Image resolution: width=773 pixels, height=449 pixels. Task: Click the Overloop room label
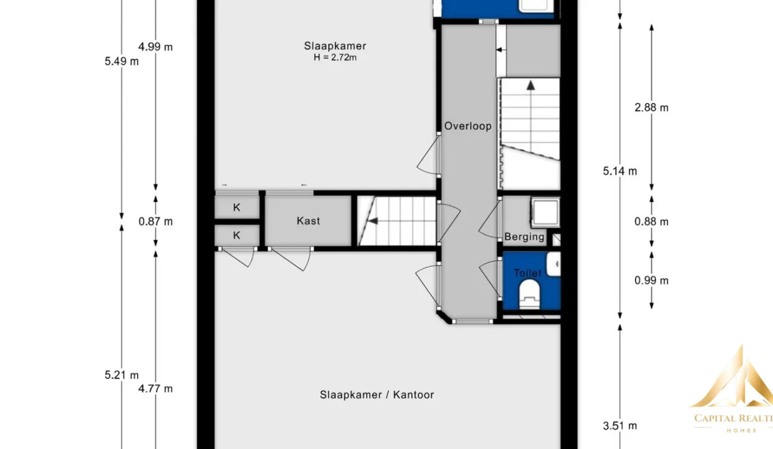(x=468, y=127)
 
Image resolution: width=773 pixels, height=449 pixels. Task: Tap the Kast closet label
(x=308, y=221)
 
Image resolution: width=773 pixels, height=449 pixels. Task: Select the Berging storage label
(x=524, y=237)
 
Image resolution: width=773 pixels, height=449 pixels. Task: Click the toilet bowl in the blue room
(x=529, y=293)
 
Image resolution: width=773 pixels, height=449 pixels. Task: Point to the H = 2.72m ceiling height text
(x=335, y=57)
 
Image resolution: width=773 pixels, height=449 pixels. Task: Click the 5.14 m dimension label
(x=620, y=171)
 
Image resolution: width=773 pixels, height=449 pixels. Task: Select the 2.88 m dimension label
(x=651, y=108)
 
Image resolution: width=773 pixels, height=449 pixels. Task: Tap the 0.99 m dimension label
(x=651, y=281)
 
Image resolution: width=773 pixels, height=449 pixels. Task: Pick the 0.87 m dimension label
(x=156, y=221)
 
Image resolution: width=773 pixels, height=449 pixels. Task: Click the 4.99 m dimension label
(x=156, y=47)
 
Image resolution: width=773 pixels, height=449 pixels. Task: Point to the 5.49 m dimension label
(x=122, y=62)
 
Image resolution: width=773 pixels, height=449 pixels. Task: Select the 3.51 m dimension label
(x=620, y=426)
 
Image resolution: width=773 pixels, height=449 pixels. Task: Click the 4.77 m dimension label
(x=156, y=389)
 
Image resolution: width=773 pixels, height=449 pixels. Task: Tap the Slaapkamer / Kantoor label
(x=377, y=395)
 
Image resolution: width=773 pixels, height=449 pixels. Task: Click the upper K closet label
(x=236, y=208)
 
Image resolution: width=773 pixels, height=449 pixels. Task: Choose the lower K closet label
(x=236, y=235)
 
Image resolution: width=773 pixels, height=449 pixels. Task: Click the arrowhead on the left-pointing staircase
(x=373, y=221)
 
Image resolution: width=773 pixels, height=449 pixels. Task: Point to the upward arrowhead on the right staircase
(x=531, y=85)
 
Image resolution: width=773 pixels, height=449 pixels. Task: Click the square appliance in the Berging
(x=545, y=212)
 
